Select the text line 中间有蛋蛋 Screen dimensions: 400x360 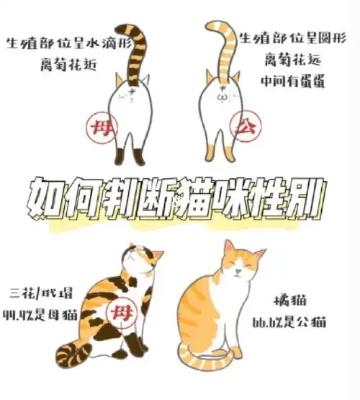[x=295, y=80]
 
